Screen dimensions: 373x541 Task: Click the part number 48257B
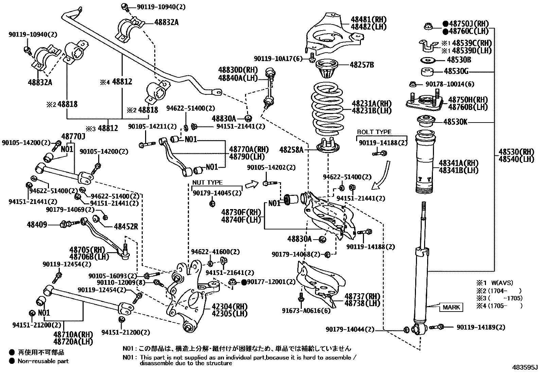pyautogui.click(x=362, y=65)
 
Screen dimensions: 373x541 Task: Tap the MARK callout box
pyautogui.click(x=451, y=307)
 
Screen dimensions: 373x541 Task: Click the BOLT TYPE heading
pyautogui.click(x=374, y=132)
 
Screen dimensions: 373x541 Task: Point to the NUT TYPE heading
pyautogui.click(x=207, y=183)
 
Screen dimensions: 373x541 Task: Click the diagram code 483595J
pyautogui.click(x=525, y=368)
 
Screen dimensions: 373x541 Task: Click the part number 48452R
pyautogui.click(x=126, y=226)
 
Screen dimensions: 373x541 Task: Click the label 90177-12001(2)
pyautogui.click(x=271, y=282)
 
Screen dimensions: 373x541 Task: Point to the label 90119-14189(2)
pyautogui.click(x=481, y=327)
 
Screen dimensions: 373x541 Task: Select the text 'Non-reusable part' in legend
pyautogui.click(x=43, y=361)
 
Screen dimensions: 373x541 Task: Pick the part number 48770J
pyautogui.click(x=73, y=136)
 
